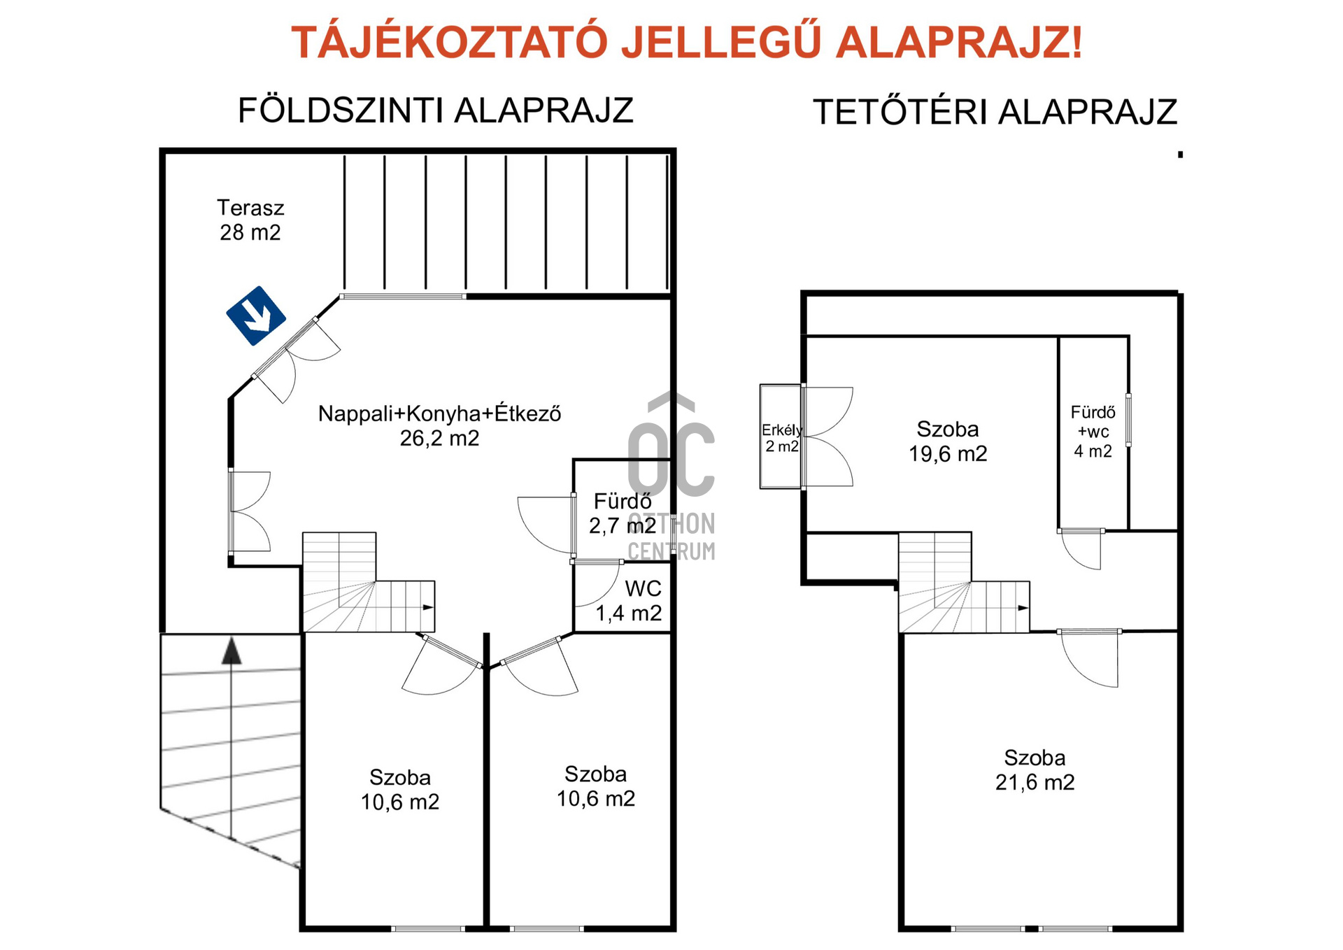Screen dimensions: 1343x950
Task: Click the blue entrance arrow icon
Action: point(256,316)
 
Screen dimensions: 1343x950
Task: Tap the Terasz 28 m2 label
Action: point(250,220)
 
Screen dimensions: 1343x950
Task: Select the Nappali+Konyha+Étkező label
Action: point(439,413)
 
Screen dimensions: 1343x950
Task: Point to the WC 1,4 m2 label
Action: point(628,601)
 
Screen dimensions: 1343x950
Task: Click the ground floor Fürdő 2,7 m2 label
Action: point(623,513)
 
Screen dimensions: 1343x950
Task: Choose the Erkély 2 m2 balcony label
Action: point(782,438)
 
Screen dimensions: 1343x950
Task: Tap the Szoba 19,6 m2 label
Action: point(948,441)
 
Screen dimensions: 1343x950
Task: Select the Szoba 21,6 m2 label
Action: point(1035,770)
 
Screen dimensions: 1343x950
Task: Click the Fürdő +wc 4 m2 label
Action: point(1093,432)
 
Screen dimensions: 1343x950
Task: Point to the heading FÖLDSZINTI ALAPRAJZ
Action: point(436,111)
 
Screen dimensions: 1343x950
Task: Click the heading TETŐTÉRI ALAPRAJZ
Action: point(995,112)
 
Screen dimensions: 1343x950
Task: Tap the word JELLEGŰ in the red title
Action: point(721,42)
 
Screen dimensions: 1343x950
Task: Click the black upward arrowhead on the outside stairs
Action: point(232,651)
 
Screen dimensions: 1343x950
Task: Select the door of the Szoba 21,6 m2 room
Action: point(1089,658)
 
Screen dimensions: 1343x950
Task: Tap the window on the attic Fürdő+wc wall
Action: point(1128,420)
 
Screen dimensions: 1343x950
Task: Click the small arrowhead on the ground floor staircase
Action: point(428,607)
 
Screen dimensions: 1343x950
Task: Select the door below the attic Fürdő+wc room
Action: point(1081,549)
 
